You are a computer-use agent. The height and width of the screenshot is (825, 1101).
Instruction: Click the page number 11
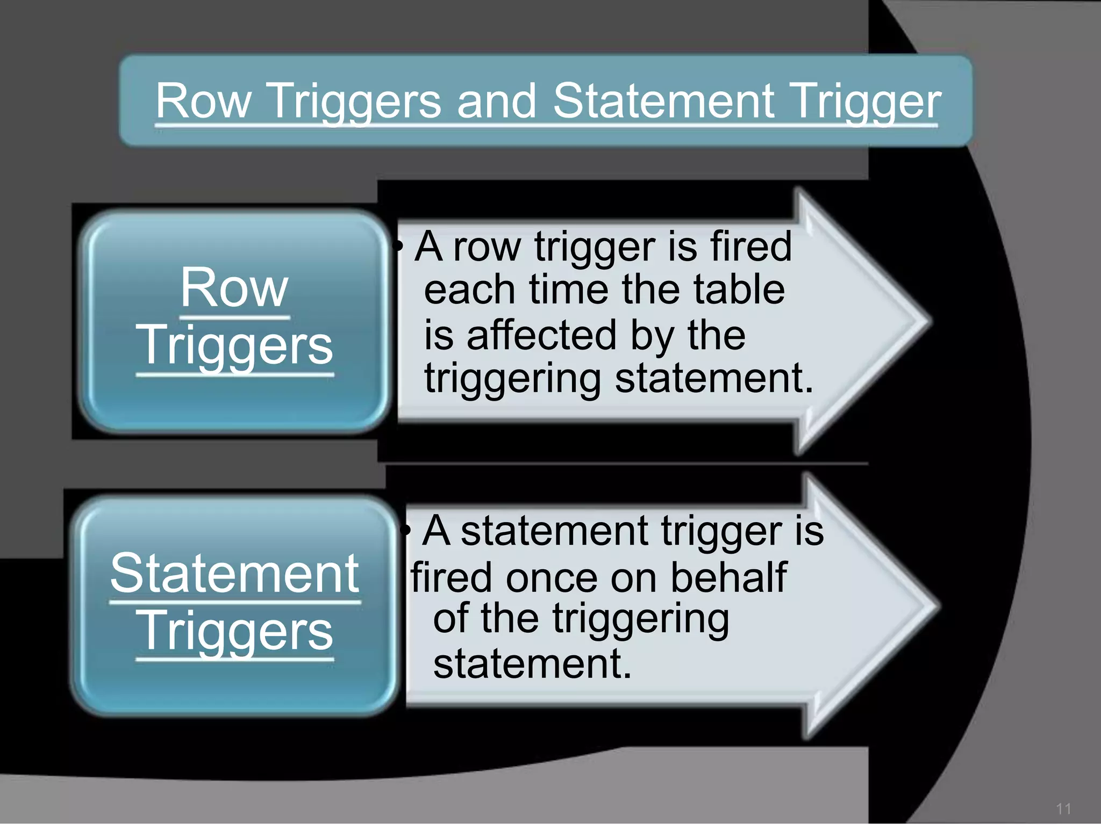pyautogui.click(x=1063, y=809)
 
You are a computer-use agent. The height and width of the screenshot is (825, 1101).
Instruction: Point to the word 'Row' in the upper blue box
pyautogui.click(x=234, y=288)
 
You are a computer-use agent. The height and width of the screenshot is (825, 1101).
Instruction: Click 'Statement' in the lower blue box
pyautogui.click(x=234, y=574)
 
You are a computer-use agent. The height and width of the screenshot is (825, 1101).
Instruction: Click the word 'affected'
pyautogui.click(x=541, y=335)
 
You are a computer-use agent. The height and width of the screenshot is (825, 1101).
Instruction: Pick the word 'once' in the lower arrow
pyautogui.click(x=551, y=578)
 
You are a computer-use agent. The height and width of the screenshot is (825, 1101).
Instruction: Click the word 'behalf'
pyautogui.click(x=728, y=578)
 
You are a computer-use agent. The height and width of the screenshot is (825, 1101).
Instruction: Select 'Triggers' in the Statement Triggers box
pyautogui.click(x=234, y=632)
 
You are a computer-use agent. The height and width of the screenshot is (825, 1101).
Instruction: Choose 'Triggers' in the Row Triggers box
pyautogui.click(x=234, y=345)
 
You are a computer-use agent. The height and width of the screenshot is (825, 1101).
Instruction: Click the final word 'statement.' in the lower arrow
pyautogui.click(x=532, y=664)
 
